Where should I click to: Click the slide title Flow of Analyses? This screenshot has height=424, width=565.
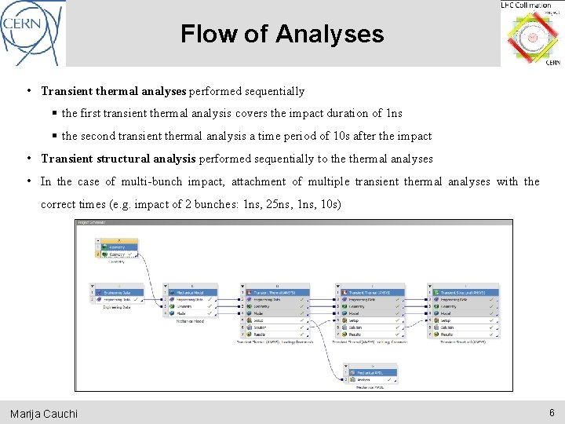282,34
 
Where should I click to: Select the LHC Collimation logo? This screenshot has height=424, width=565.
531,34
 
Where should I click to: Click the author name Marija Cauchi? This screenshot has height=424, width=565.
44,413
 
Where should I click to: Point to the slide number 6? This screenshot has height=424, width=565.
552,412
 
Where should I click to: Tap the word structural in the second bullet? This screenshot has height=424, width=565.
153,159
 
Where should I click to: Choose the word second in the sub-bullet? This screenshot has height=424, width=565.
102,136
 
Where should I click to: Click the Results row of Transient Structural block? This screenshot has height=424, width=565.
455,334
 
